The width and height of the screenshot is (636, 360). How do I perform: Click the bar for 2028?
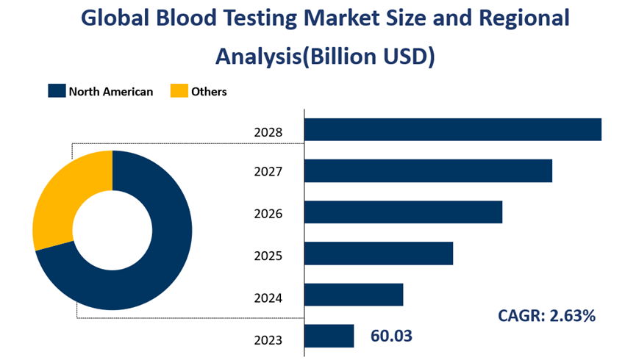[x=452, y=129]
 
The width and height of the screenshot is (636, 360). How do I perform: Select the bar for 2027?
[x=428, y=170]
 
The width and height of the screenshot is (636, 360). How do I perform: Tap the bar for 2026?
[x=403, y=212]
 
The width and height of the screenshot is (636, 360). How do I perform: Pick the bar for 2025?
[x=378, y=253]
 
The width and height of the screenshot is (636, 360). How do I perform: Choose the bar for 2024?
[x=354, y=295]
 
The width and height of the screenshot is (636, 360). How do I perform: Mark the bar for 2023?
[x=329, y=336]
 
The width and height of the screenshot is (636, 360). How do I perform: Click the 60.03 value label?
[x=391, y=336]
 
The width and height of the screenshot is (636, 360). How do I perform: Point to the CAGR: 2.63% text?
[x=546, y=316]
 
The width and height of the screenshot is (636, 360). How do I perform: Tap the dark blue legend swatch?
[x=57, y=91]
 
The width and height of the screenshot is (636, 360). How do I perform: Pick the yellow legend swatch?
[x=179, y=91]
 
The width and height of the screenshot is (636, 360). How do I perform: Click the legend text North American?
[x=111, y=92]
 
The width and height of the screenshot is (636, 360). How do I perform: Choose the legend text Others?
[x=209, y=92]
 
